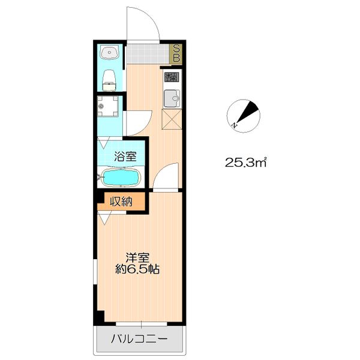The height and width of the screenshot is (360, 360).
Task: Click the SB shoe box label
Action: tap(176, 53)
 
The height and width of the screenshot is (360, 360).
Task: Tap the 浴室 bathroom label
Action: tap(125, 157)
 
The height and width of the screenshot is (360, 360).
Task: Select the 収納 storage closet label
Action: tap(121, 202)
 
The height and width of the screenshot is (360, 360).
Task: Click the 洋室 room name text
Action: tap(137, 258)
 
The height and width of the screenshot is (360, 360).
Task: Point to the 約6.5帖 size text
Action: tap(137, 269)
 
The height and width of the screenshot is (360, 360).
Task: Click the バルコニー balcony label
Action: tap(139, 339)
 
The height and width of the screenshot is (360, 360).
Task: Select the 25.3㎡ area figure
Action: tap(245, 163)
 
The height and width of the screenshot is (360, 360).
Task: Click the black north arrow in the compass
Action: tap(248, 112)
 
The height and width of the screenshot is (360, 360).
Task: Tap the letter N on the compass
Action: tap(234, 125)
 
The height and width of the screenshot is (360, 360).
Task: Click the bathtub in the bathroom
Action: tap(121, 178)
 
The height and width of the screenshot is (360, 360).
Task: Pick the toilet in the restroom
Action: tap(109, 80)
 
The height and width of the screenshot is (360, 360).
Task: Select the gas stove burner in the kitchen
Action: tap(172, 77)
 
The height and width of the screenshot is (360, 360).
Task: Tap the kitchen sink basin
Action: tap(172, 98)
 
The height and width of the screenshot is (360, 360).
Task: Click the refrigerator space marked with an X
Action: tap(172, 119)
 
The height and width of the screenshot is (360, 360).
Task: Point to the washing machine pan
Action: tap(107, 106)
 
